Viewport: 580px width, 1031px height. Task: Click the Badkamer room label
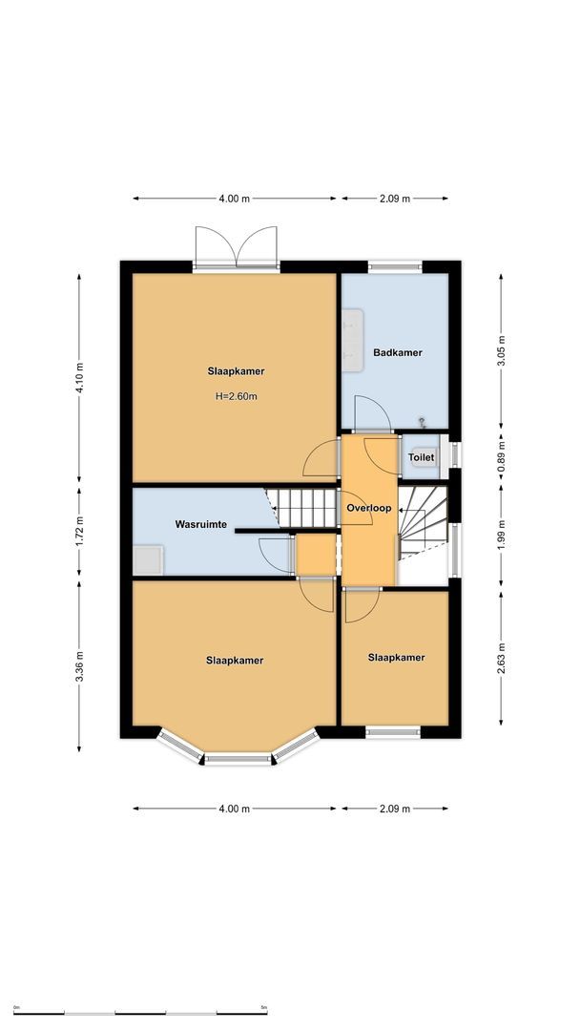coord(397,352)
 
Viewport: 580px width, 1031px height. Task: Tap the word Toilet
coord(421,457)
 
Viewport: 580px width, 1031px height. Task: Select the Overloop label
coord(369,508)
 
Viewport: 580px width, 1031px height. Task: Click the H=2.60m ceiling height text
coord(236,395)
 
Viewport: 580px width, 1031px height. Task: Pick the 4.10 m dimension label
coord(80,377)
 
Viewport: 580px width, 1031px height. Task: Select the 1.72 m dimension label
coord(80,530)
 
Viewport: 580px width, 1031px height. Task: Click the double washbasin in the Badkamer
coord(353,337)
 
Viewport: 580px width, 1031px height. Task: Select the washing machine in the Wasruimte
coord(147,559)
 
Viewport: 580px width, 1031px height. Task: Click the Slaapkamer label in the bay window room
coord(235,660)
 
